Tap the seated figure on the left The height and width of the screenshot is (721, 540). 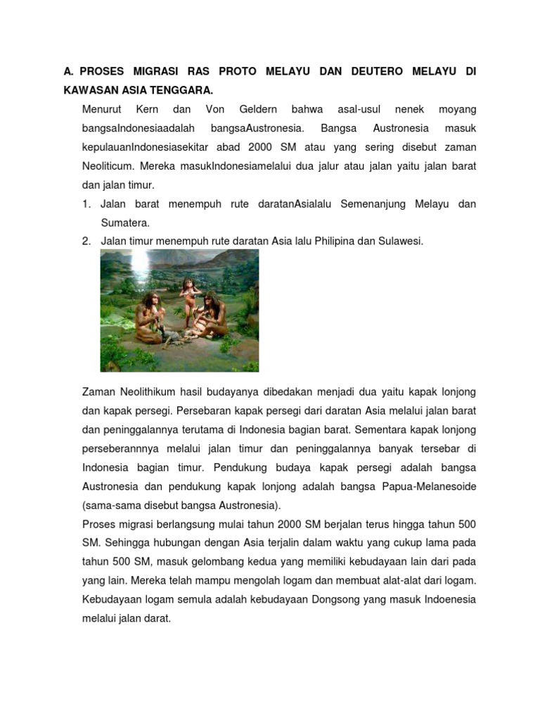pos(149,317)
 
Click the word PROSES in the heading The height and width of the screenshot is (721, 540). pos(103,72)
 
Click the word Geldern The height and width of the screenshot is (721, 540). pos(259,110)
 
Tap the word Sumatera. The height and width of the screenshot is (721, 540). pos(125,222)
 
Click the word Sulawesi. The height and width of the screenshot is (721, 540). pos(401,242)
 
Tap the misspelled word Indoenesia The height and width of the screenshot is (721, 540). pos(447,601)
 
